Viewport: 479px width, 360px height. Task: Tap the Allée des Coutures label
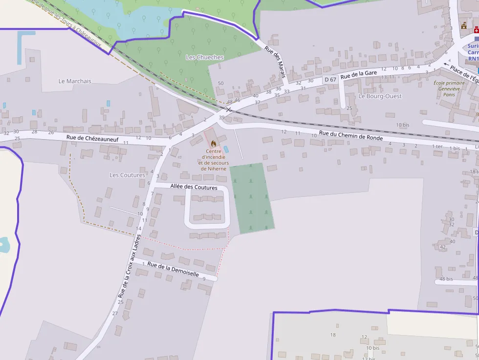pos(194,187)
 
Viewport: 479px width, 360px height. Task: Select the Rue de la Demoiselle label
pos(173,269)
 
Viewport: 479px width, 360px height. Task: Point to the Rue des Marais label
pos(275,62)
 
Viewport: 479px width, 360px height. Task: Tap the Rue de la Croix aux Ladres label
pos(130,266)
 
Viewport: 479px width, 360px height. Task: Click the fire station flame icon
pos(213,144)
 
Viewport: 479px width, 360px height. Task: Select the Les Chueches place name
pos(205,57)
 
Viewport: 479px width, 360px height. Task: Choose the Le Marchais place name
pos(75,81)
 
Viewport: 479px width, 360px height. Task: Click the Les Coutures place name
pos(127,175)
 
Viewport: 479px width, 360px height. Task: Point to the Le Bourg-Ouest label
pos(380,96)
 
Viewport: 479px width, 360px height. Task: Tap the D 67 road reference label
pos(330,80)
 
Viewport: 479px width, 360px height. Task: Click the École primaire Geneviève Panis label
pos(449,88)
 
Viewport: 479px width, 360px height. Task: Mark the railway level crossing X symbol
pos(228,110)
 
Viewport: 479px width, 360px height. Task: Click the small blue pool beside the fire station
pos(226,149)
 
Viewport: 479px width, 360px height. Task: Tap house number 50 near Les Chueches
pos(220,84)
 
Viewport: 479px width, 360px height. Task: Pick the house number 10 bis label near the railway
pos(403,125)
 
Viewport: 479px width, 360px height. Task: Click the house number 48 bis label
pos(446,279)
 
